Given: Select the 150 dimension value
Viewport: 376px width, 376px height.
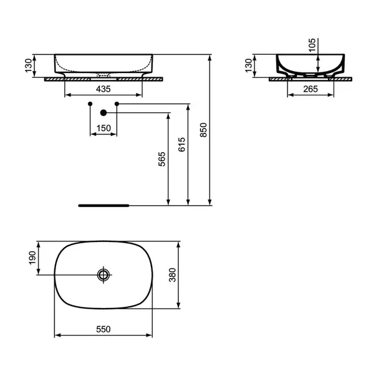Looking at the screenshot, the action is point(104,128).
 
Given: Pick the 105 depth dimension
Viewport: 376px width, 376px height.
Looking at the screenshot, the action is point(311,44).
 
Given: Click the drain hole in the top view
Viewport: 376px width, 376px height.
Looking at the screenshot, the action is point(104,274).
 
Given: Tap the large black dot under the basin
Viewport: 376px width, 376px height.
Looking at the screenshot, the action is point(104,113).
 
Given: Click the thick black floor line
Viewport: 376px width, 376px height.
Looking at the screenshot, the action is point(104,204).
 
